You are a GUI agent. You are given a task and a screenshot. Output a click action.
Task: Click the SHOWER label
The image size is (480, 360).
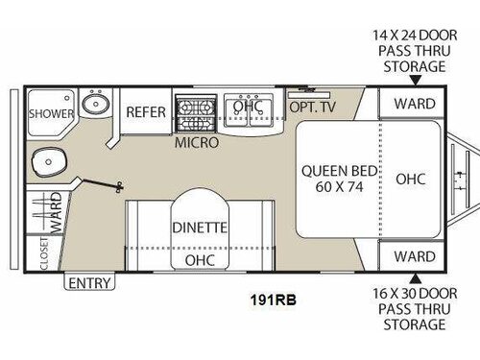tap(50, 113)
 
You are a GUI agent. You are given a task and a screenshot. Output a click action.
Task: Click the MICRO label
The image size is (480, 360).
tap(196, 143)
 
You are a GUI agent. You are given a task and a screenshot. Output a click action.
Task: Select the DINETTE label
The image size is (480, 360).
tap(200, 228)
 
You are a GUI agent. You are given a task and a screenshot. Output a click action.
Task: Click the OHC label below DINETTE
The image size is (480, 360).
tap(200, 260)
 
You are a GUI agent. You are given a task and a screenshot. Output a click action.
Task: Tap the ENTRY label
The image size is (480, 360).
tap(89, 282)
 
